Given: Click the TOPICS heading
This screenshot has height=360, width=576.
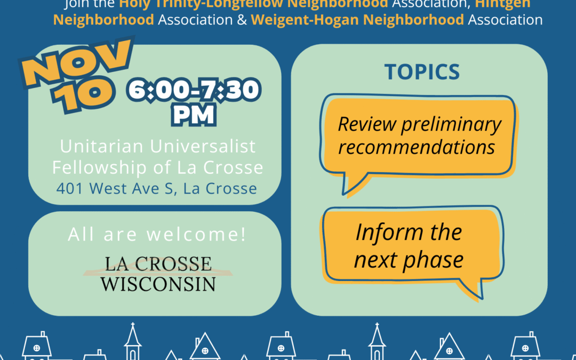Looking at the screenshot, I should pyautogui.click(x=422, y=72).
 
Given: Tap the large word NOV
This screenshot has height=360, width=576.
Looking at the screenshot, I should pyautogui.click(x=81, y=64).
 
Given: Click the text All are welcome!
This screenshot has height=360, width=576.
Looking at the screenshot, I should pyautogui.click(x=157, y=235).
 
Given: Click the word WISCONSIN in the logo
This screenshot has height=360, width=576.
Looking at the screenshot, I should pyautogui.click(x=158, y=283).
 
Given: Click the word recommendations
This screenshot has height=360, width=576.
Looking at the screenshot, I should pyautogui.click(x=417, y=147).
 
